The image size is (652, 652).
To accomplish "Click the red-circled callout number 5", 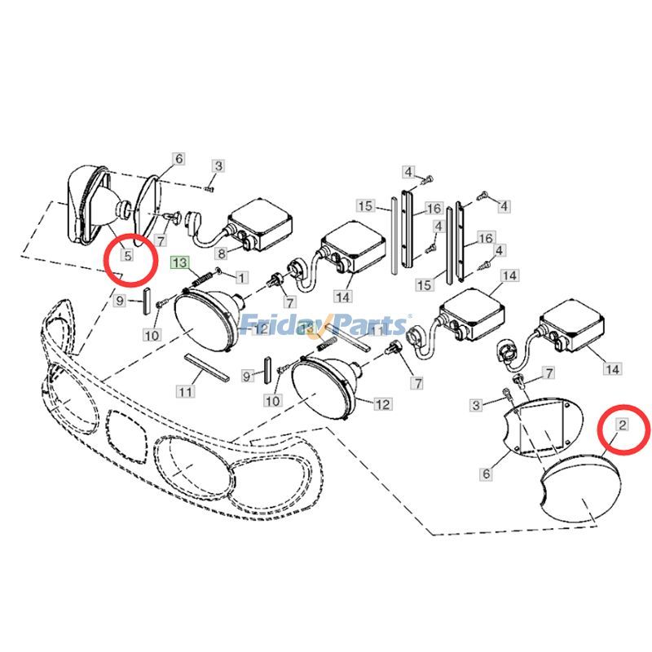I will pos(127,255).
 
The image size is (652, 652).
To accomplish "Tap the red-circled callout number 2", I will pos(622,424).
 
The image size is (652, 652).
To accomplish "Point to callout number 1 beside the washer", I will pos(241,277).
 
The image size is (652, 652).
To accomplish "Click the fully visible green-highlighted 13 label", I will pos(179,262).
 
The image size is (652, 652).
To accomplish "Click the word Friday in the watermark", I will pos(275,325).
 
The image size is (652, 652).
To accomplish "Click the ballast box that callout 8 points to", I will pos(261,223).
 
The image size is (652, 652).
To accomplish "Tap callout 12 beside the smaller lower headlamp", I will pos(382,404).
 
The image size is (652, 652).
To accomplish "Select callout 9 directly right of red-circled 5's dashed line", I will pos(119,301).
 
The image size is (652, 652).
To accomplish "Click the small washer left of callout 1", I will pos(221,274).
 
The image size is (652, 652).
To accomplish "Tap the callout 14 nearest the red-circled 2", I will pos(611,369).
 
